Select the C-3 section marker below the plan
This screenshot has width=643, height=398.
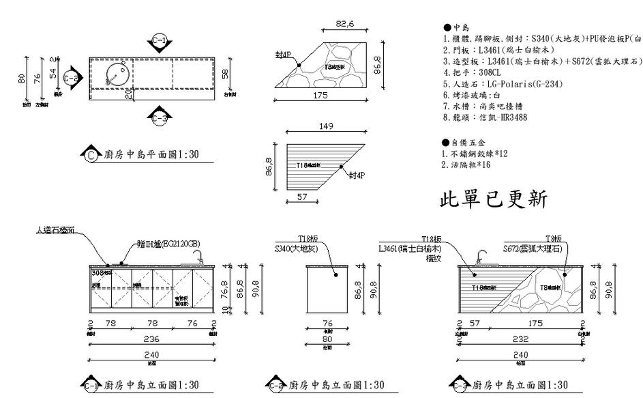159,117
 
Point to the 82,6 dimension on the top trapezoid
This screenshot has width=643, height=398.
346,25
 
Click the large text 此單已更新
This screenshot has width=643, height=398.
492,200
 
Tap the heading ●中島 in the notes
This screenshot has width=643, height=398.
457,27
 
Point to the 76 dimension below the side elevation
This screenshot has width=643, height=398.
327,323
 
